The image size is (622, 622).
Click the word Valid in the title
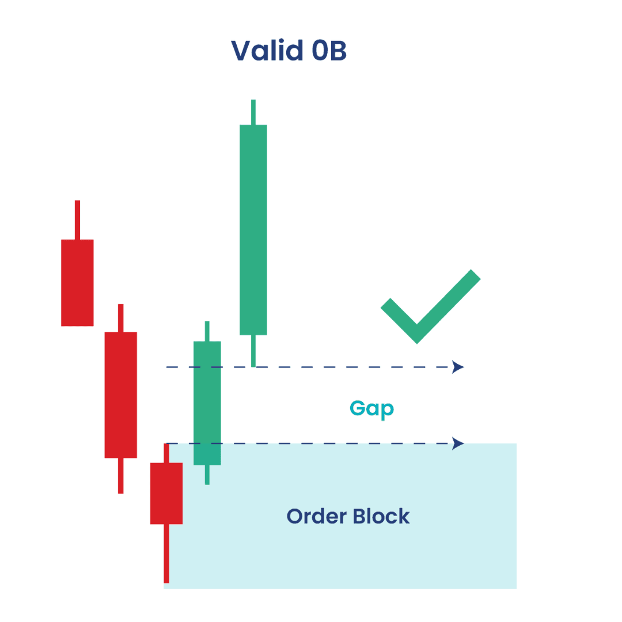(x=267, y=50)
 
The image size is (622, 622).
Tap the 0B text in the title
(x=329, y=51)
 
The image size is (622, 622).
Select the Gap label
(x=371, y=409)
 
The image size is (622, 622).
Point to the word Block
(x=381, y=516)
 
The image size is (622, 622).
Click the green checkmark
(x=430, y=306)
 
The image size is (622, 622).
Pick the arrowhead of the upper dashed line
(x=458, y=367)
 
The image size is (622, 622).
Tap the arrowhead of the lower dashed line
(x=458, y=443)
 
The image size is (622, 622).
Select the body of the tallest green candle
(x=253, y=230)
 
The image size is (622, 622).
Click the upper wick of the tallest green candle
(x=253, y=112)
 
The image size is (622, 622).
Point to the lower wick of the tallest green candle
(x=253, y=351)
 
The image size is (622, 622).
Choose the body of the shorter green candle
(x=207, y=403)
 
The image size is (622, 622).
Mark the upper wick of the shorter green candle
(x=207, y=331)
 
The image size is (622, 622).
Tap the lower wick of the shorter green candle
(x=207, y=475)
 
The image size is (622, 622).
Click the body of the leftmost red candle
(x=77, y=283)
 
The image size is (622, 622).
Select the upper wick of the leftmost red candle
(x=77, y=220)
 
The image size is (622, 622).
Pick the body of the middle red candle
(x=120, y=395)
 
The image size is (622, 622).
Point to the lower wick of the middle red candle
(x=120, y=476)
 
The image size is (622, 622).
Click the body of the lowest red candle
(x=166, y=494)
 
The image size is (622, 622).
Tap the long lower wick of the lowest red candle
(x=166, y=553)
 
